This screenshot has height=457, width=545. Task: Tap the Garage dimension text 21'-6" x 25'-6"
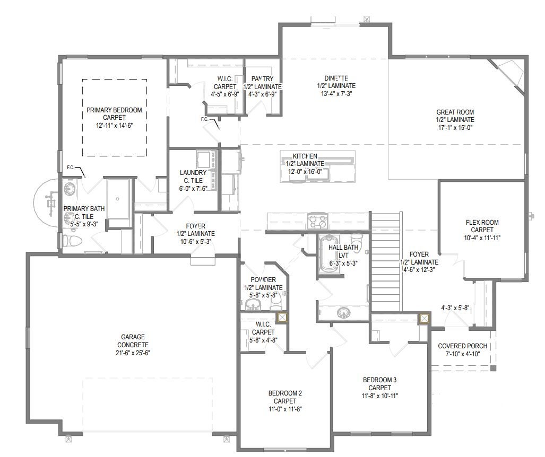click(133, 353)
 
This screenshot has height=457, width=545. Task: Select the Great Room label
click(455, 112)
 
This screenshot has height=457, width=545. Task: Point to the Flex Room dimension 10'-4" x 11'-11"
click(482, 238)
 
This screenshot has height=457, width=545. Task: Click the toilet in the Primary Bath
click(72, 240)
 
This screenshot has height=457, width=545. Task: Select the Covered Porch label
click(462, 346)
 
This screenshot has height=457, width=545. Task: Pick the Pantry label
click(263, 79)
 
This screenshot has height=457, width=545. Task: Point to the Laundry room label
click(193, 173)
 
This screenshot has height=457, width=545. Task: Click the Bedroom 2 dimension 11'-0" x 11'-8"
click(284, 409)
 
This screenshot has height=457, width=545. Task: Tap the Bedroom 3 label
click(379, 380)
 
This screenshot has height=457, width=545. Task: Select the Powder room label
click(263, 280)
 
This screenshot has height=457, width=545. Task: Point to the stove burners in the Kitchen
click(318, 221)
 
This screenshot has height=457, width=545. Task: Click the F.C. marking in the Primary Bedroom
click(71, 168)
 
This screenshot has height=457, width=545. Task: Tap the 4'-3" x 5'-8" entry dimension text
click(455, 307)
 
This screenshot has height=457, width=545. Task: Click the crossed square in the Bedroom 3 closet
click(424, 319)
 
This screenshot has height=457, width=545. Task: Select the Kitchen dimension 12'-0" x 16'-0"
click(305, 171)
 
